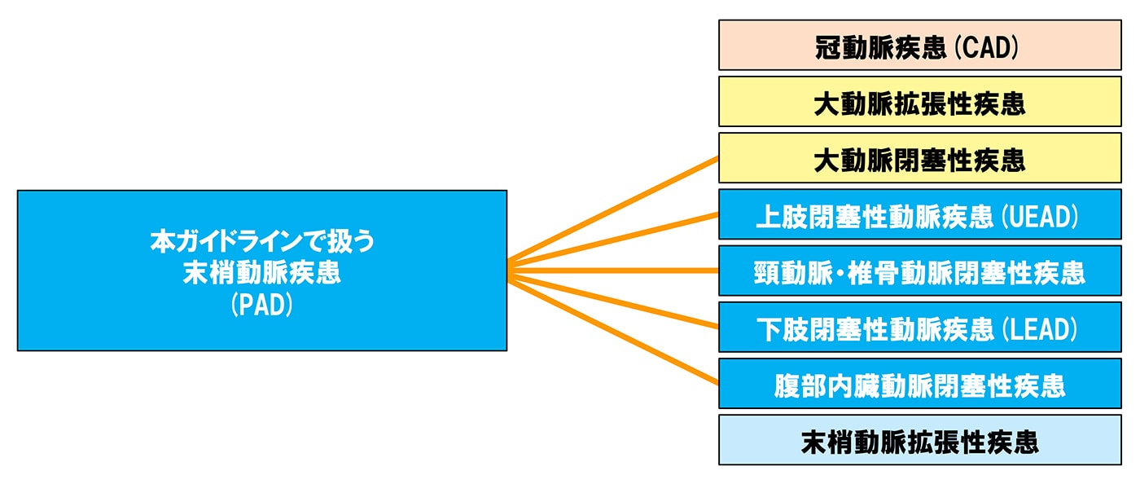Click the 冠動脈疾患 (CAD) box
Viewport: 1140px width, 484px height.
(919, 46)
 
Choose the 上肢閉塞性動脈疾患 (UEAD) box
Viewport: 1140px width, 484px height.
(919, 215)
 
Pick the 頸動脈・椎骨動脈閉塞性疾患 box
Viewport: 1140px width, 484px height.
(919, 271)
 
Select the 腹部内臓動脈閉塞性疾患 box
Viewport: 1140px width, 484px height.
(919, 384)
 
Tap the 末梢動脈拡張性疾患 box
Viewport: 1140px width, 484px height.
(919, 441)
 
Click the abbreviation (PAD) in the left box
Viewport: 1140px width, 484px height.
(261, 306)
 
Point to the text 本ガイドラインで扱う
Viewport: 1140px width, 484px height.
(261, 241)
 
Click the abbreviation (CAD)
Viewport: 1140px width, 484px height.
(985, 48)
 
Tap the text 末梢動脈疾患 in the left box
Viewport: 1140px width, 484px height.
(261, 273)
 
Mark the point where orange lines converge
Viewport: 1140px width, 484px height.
(510, 271)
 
